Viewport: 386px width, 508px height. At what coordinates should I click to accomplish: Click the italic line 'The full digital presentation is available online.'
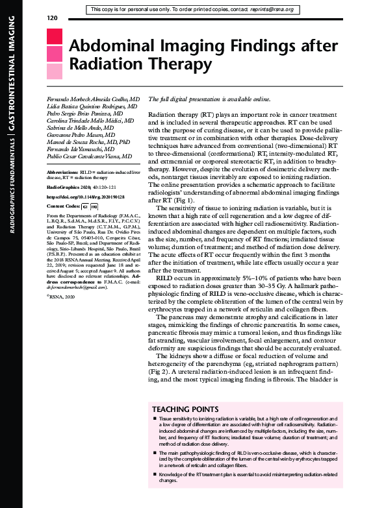tap(209, 99)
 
